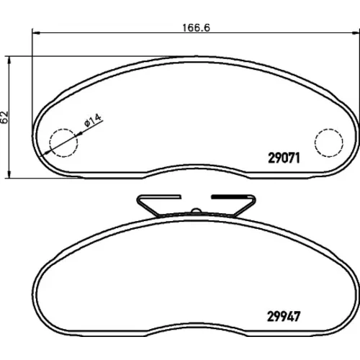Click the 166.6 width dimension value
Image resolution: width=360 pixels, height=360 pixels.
click(x=196, y=28)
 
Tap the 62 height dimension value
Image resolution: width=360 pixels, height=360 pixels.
click(x=5, y=117)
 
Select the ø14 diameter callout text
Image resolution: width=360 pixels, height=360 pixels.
click(x=93, y=120)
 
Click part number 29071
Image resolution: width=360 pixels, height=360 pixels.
click(x=284, y=158)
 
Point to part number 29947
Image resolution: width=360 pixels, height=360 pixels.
click(x=284, y=317)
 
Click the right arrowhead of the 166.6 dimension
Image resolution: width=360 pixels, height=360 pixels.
click(x=356, y=32)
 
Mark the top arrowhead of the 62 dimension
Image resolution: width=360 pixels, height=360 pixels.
click(x=9, y=60)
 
